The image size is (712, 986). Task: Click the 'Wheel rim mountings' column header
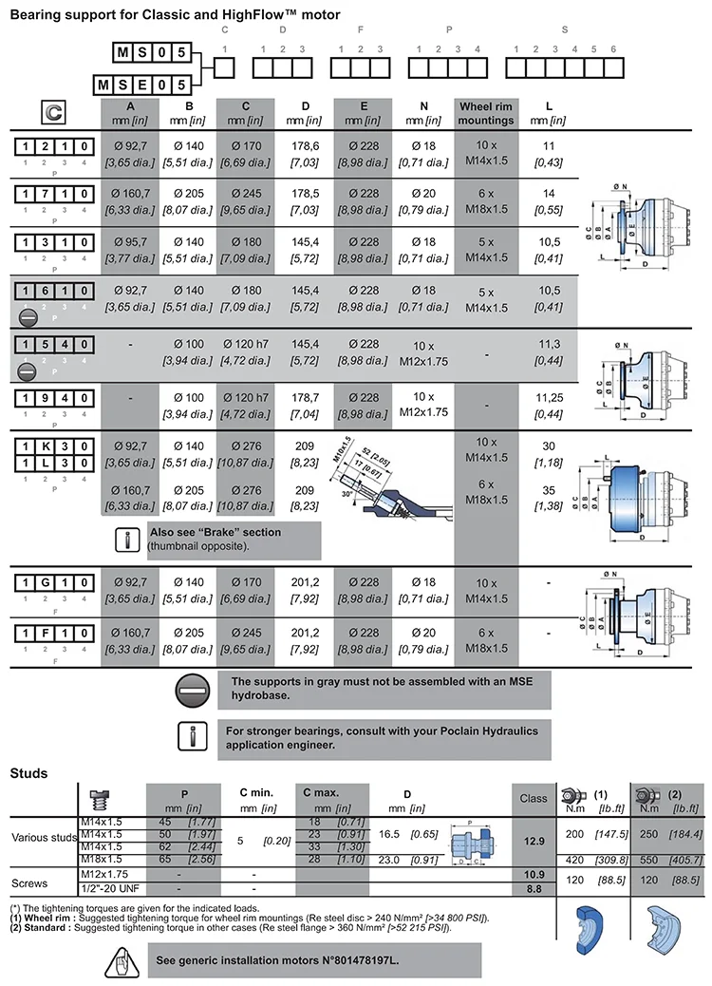(486, 113)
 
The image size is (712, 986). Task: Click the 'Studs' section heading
(28, 773)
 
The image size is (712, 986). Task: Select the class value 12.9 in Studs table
(534, 841)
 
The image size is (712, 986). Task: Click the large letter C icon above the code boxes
(55, 113)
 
